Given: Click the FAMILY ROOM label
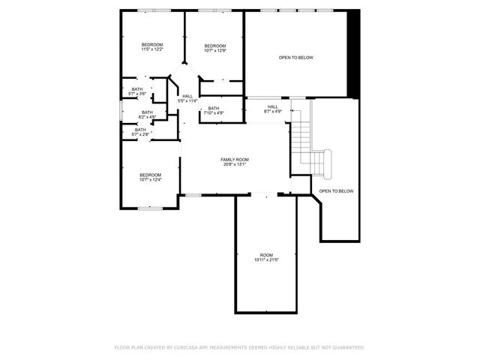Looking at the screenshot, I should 235,159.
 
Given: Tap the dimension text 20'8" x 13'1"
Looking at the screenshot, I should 235,164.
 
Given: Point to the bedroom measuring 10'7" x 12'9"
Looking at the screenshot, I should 215,49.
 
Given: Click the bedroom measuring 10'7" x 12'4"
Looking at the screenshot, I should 151,177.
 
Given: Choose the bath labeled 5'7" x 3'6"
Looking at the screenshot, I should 137,91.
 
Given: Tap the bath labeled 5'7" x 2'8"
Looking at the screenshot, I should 140,132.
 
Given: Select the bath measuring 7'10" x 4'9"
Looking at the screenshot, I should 214,111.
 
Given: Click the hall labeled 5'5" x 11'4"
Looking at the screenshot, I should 187,98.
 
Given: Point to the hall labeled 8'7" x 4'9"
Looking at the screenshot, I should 272,109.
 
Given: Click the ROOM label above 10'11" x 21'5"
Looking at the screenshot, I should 267,255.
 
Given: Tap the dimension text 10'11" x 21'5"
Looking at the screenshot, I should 267,260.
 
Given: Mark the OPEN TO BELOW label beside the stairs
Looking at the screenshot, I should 336,191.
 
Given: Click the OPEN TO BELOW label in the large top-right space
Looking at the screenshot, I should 296,57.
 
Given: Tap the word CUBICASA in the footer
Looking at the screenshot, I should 188,347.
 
